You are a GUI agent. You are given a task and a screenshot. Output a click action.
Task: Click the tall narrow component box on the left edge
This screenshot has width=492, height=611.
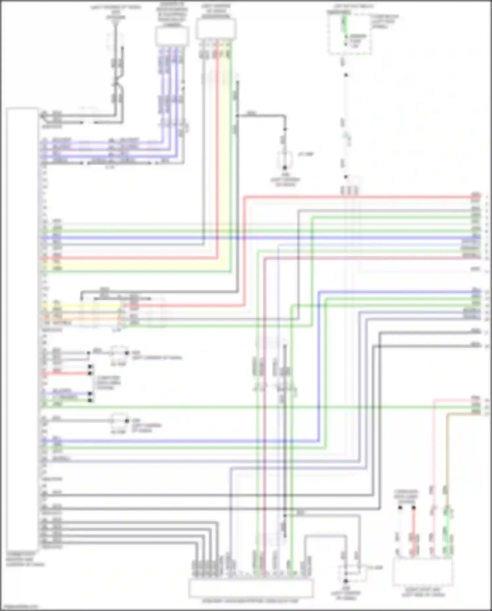coord(22,328)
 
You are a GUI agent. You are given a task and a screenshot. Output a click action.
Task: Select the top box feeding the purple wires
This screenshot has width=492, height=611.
coord(172,36)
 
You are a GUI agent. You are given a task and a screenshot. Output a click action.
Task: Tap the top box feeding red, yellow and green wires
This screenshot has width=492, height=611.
coord(216,29)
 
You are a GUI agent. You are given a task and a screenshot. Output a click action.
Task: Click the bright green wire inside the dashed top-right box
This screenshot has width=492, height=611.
coord(345,26)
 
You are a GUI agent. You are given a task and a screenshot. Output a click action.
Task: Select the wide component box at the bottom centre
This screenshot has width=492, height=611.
coord(250,588)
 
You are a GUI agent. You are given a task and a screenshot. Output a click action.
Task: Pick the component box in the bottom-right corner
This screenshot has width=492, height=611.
coord(423,571)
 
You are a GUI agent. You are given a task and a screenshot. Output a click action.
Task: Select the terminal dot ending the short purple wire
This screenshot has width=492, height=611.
coord(90,393)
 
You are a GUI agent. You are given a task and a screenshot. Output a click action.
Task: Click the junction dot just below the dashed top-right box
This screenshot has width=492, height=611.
coord(346,75)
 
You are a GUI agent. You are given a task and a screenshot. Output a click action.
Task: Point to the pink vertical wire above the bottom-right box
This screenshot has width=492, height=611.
coord(433,460)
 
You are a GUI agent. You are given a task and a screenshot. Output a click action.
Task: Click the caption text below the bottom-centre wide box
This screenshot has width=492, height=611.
coord(250,601)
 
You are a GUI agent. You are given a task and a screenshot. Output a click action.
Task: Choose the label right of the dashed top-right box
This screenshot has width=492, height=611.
coord(385,21)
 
